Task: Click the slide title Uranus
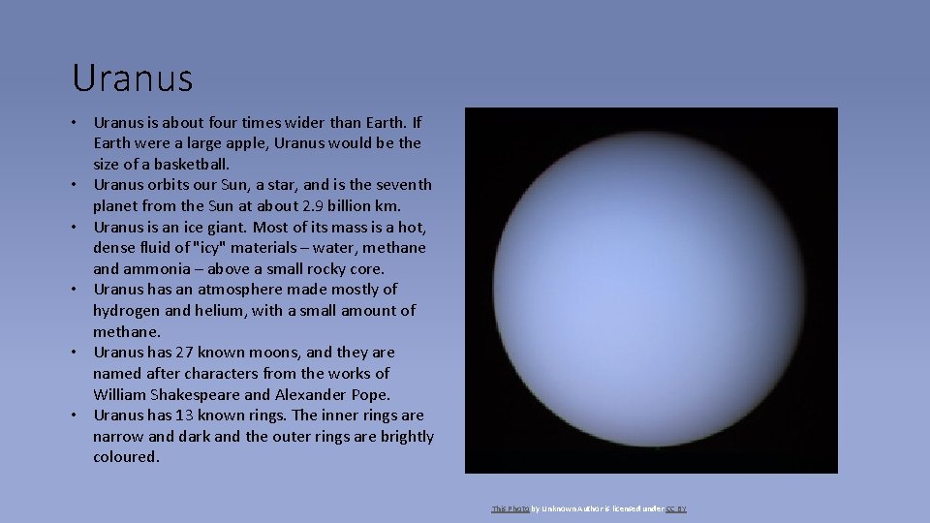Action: click(132, 77)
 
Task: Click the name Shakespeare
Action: click(206, 394)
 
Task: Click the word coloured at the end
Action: click(126, 457)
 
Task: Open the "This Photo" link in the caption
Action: click(510, 508)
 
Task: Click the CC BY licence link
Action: click(675, 508)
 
